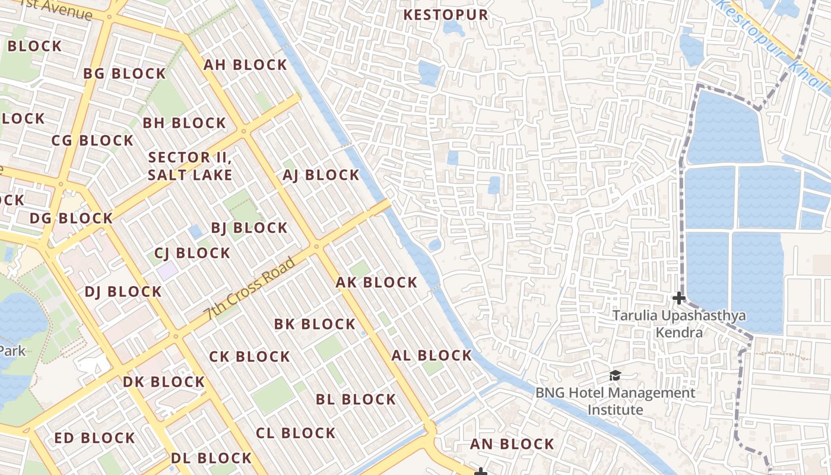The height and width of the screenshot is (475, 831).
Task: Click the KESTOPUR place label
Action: point(446,15)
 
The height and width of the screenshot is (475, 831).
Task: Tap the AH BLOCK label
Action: point(245,65)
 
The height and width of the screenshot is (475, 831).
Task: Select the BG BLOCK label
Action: point(124,74)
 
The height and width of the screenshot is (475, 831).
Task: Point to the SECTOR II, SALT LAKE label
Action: point(190,166)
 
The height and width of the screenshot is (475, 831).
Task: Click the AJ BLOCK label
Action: point(321,175)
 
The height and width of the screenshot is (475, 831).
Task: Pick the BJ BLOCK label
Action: point(249,228)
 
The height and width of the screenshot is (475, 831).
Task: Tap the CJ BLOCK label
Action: point(192,253)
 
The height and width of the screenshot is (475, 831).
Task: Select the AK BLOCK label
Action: point(376,283)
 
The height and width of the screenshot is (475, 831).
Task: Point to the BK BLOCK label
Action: point(315,324)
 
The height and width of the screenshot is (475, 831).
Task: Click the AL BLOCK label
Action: point(432,356)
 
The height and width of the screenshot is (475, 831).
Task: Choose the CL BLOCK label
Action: point(296,433)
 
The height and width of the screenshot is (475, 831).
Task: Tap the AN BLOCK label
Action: point(512,444)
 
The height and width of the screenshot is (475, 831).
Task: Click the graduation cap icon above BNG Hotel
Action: point(615,376)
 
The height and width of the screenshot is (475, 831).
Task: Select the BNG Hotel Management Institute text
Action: point(616,401)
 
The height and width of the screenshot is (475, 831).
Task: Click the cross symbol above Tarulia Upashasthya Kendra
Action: point(679,298)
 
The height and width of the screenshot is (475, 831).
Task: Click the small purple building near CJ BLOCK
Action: point(167,271)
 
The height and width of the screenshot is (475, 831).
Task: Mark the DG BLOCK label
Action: point(71,218)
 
